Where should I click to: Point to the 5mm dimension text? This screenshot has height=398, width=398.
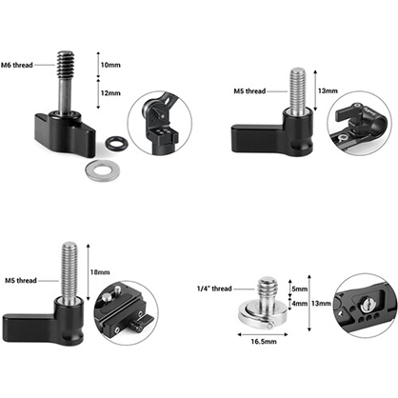(298, 289)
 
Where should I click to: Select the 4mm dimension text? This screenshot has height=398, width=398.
(298, 305)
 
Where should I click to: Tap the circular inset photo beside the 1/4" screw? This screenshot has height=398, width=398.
(366, 304)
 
